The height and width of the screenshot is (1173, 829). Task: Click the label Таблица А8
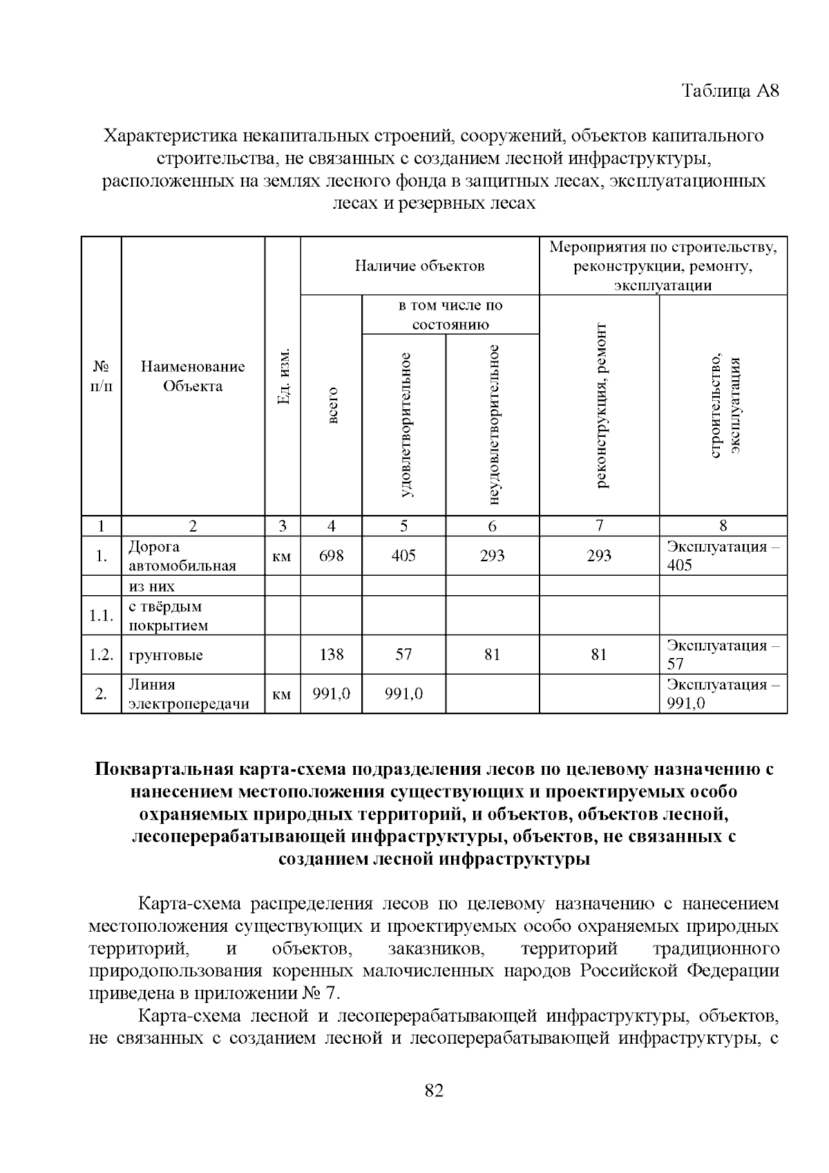click(x=730, y=91)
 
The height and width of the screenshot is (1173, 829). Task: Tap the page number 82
click(x=434, y=1090)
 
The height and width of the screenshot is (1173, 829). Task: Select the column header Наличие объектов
click(x=419, y=266)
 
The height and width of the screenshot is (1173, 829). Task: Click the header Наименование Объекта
click(x=193, y=377)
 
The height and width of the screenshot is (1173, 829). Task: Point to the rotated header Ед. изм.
click(x=283, y=377)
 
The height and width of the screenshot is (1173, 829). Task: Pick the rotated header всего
click(x=332, y=405)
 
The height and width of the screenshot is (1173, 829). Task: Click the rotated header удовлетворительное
click(x=405, y=424)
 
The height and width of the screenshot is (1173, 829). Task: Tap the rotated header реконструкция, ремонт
click(x=600, y=405)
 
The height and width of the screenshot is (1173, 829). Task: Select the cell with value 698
click(x=332, y=556)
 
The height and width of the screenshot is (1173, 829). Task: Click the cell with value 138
click(x=332, y=655)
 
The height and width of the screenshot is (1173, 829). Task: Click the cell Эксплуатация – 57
click(x=722, y=655)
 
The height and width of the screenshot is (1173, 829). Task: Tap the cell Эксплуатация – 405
click(x=722, y=556)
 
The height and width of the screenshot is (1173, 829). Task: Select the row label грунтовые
click(x=166, y=655)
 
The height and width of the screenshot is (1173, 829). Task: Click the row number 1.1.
click(x=101, y=616)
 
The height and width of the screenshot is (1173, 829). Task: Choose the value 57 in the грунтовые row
click(x=403, y=655)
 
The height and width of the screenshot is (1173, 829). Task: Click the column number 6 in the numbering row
click(x=492, y=526)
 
